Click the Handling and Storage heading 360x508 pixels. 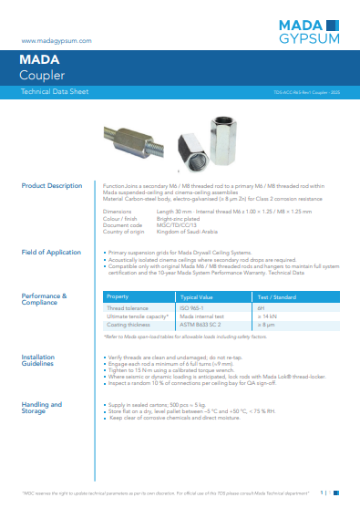[x=42, y=408]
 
